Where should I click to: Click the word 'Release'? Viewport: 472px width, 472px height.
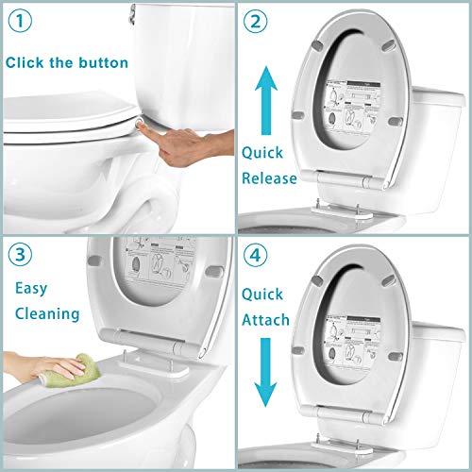tap(268, 177)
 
